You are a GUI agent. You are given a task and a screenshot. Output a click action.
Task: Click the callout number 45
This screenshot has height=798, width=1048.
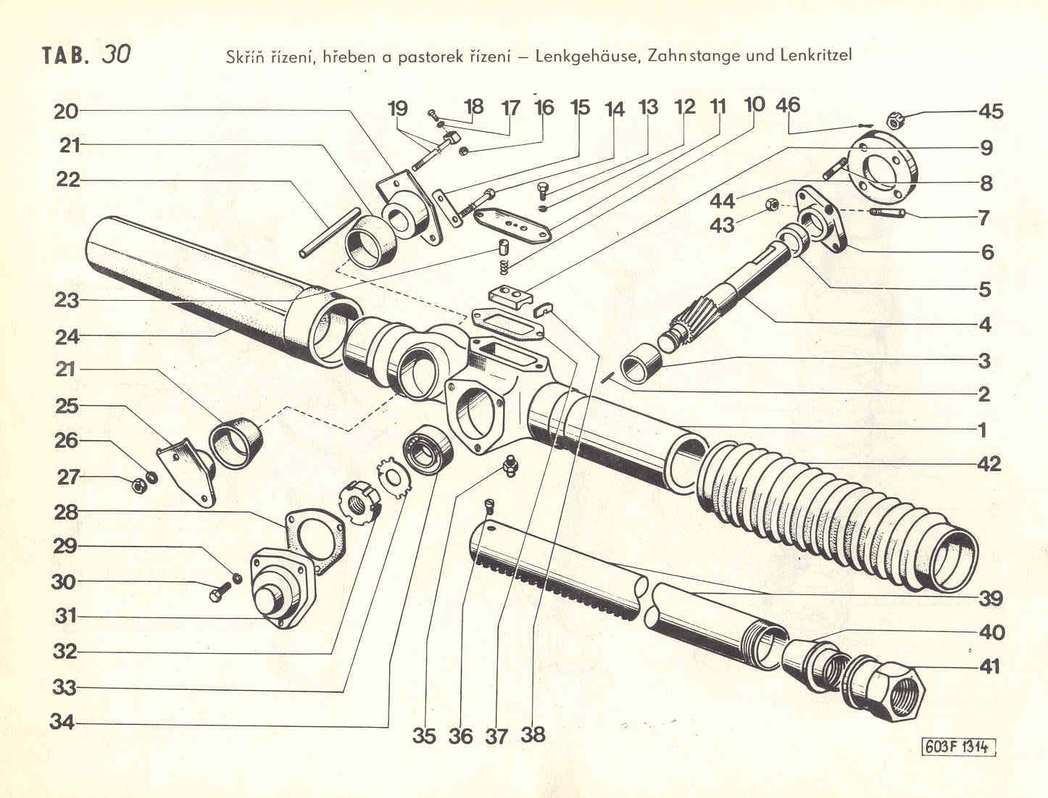(991, 112)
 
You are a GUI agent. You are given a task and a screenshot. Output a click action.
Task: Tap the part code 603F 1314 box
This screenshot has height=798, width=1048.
(957, 747)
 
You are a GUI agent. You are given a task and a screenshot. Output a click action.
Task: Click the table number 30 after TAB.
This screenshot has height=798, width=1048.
(116, 55)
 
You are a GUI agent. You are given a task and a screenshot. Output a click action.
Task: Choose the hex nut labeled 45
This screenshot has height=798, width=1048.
(896, 120)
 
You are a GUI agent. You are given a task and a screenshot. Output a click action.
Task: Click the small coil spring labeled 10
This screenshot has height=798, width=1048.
(505, 265)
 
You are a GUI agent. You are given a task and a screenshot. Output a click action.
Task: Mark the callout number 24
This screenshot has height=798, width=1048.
(67, 336)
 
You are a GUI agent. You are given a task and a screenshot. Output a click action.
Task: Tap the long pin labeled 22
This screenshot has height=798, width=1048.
(330, 232)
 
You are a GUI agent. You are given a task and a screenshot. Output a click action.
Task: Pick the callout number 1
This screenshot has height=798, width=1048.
(983, 431)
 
